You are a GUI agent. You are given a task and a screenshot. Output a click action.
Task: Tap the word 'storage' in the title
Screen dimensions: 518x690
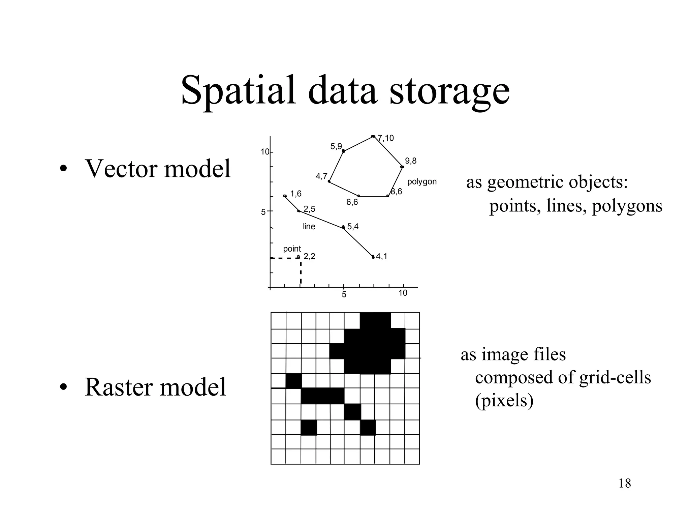coord(449,90)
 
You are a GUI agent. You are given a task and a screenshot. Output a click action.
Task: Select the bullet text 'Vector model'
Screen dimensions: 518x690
coord(158,168)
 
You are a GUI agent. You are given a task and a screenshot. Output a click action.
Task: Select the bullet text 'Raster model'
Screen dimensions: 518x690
coord(155,387)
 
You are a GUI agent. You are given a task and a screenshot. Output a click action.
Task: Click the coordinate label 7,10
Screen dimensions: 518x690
coord(386,138)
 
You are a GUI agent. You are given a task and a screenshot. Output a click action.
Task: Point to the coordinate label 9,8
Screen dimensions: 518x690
coord(411,161)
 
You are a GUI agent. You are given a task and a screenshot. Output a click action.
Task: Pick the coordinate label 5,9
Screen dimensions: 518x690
coord(336,146)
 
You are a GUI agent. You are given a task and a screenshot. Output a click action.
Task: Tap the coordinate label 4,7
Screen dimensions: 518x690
coord(321,176)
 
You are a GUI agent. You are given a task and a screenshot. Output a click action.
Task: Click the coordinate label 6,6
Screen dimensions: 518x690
coord(352,202)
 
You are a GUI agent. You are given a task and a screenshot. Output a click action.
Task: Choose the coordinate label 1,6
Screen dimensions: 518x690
coord(296,194)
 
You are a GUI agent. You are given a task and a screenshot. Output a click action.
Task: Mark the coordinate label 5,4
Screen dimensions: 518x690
coord(353,227)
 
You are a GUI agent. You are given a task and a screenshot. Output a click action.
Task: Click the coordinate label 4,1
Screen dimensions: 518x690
coord(382,256)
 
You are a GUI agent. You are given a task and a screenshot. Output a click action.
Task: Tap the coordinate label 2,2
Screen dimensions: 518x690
coord(309,256)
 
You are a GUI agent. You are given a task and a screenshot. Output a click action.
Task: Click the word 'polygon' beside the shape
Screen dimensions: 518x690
coord(422,182)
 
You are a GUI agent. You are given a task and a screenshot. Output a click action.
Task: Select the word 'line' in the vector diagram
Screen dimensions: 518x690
coord(309,226)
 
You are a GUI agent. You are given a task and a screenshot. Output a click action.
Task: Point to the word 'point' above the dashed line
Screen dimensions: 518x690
coord(292,249)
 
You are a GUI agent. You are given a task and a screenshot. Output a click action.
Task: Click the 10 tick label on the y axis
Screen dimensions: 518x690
coord(265,152)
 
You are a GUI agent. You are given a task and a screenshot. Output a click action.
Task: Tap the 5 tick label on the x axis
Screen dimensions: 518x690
coord(344,295)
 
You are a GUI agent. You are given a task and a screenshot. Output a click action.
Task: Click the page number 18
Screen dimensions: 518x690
coord(625,483)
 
